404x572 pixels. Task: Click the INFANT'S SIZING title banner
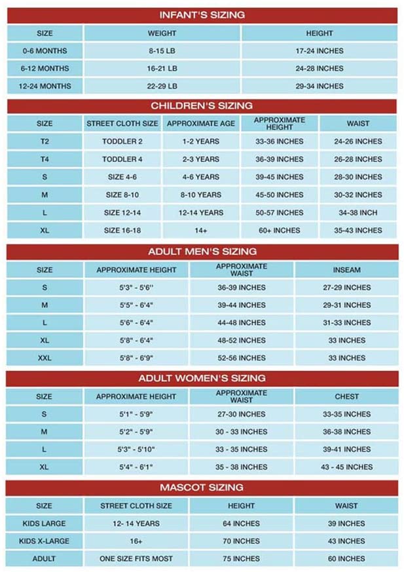(202, 15)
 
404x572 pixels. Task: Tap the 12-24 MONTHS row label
(45, 86)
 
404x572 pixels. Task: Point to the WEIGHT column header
(162, 33)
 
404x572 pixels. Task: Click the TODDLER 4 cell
(122, 159)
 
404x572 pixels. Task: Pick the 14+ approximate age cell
(200, 231)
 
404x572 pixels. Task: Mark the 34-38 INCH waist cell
(358, 213)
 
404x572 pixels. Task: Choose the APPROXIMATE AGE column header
(200, 123)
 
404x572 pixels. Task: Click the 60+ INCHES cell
(280, 231)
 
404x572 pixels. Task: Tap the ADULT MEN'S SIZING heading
(202, 252)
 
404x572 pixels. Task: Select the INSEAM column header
(346, 269)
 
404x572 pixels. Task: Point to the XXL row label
(45, 358)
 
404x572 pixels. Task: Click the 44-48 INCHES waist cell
(242, 323)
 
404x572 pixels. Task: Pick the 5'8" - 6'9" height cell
(136, 358)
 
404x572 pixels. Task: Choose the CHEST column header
(346, 396)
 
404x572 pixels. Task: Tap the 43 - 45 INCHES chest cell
(346, 467)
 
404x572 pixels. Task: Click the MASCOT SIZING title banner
(202, 487)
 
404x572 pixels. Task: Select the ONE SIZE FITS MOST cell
(136, 559)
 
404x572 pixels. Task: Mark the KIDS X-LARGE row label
(45, 541)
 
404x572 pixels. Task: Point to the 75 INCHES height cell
(242, 559)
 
